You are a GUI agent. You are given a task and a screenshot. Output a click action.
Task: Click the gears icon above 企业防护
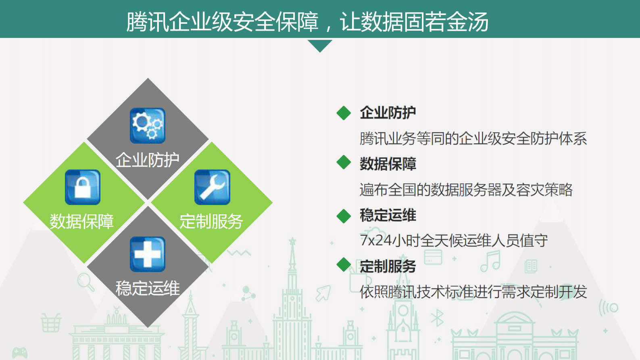click(x=148, y=126)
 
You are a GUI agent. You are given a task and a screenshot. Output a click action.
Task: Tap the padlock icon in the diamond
click(x=83, y=187)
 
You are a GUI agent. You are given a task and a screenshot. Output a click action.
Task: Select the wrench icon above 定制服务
click(x=212, y=187)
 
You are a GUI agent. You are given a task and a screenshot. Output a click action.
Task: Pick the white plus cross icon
click(x=148, y=254)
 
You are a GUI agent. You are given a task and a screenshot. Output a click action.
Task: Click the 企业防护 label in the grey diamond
click(x=148, y=160)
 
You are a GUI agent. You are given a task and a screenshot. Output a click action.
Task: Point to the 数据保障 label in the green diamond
click(x=82, y=222)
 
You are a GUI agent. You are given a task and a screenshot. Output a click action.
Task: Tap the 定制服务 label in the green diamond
click(x=211, y=222)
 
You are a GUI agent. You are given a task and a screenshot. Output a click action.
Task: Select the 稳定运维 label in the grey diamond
click(x=148, y=289)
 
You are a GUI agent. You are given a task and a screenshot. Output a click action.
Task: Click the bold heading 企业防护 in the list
click(x=388, y=113)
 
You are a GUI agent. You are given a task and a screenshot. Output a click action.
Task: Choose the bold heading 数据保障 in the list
click(x=388, y=164)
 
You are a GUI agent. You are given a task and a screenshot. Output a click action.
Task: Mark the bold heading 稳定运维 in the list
click(x=388, y=215)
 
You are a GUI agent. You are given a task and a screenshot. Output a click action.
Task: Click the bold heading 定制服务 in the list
click(x=388, y=266)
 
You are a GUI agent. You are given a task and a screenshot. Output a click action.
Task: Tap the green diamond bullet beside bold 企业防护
click(x=344, y=113)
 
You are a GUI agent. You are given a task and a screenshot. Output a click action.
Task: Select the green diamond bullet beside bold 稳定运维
click(x=344, y=216)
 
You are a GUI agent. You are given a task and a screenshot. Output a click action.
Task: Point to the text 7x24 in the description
click(x=375, y=241)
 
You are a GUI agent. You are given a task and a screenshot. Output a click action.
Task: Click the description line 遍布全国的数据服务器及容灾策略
click(x=466, y=189)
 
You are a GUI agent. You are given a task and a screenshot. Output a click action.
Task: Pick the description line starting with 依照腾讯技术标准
click(x=473, y=292)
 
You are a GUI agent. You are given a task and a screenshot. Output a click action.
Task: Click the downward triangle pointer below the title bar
click(x=320, y=45)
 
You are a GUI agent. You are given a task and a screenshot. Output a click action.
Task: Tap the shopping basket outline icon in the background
click(x=51, y=322)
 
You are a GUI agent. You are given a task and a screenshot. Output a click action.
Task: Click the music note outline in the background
click(x=491, y=261)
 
